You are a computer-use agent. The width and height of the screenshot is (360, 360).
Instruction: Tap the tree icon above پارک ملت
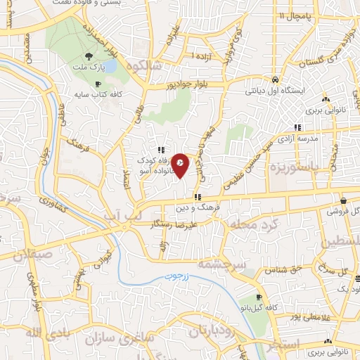[x=88, y=56]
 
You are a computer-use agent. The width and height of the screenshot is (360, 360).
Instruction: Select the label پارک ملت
[x=88, y=69]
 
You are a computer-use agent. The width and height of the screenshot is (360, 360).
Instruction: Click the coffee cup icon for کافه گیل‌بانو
[x=259, y=297]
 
